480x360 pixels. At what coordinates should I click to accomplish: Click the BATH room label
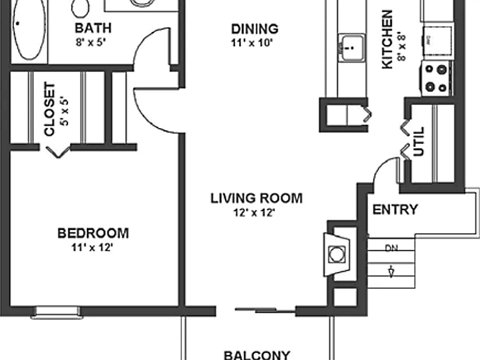93,28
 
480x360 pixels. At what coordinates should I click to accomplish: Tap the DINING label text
255,29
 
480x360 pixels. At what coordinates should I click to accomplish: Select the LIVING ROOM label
256,198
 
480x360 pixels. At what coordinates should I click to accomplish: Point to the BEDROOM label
93,233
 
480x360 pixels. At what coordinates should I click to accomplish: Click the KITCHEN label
387,39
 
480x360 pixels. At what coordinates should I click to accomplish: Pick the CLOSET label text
49,109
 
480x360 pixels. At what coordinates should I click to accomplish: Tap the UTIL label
419,141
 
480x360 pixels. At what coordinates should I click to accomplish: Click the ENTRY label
395,210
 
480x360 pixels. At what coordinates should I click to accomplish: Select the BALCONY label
257,355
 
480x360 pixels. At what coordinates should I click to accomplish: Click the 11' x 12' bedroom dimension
92,247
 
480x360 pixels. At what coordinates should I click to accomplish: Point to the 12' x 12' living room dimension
254,212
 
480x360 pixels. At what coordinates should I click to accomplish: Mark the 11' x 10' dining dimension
252,43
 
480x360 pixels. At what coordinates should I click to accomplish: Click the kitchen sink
352,47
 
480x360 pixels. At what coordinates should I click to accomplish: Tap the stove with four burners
436,78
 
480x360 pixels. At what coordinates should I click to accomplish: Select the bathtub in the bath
30,30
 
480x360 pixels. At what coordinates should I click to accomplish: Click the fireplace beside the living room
337,254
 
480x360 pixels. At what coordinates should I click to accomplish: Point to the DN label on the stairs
391,248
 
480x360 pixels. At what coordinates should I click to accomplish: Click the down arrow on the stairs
391,272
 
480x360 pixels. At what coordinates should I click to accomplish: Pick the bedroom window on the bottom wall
57,312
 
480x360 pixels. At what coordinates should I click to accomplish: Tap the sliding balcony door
265,311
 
